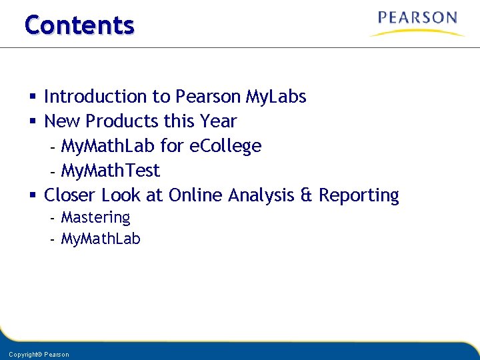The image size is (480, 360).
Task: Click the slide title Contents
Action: [79, 25]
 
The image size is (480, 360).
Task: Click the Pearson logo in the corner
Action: [417, 23]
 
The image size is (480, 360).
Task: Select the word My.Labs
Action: [275, 97]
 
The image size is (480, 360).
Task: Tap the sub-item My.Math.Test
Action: [110, 171]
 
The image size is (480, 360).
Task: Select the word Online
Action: [196, 195]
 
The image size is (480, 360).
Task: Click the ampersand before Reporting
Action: [307, 195]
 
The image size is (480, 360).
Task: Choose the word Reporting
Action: [359, 195]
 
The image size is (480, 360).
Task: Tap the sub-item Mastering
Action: [95, 217]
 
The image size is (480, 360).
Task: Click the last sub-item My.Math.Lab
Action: [101, 239]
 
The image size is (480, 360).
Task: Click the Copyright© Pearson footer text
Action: [39, 354]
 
